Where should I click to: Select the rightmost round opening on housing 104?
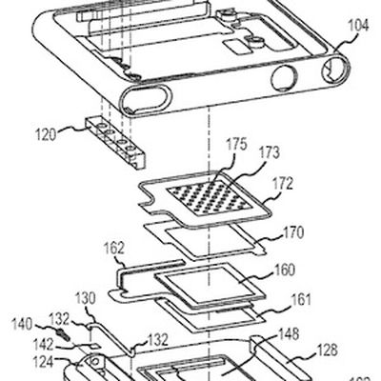point(334,66)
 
